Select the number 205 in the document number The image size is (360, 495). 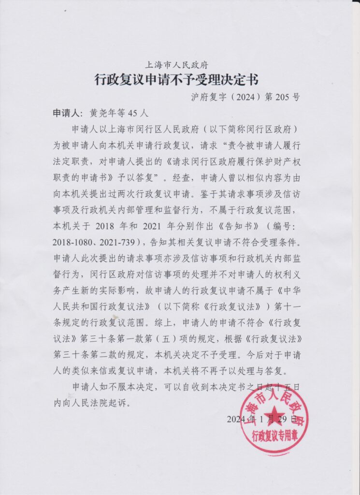(x=284, y=96)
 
